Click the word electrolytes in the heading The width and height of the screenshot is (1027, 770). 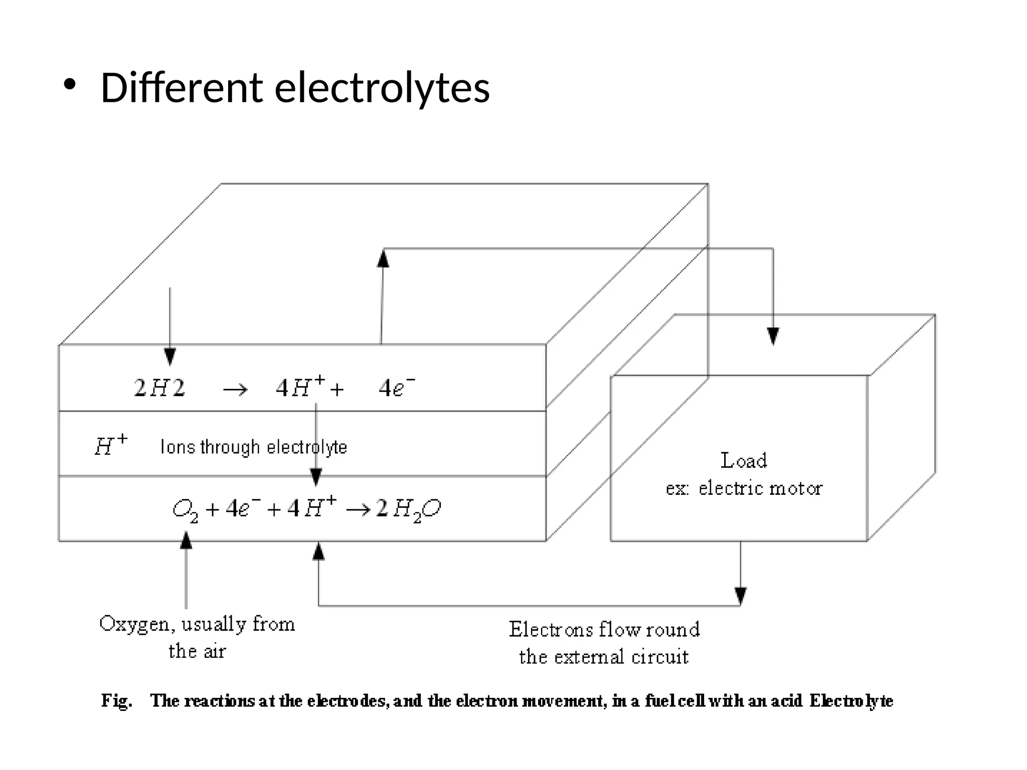[382, 89]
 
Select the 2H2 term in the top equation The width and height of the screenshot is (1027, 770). [159, 388]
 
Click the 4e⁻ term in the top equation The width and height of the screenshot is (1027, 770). [397, 388]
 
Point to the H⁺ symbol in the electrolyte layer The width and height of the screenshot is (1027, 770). [111, 445]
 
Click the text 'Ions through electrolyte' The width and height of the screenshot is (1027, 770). [254, 447]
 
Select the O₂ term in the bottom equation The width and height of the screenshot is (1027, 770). [185, 510]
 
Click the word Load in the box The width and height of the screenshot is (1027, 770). [744, 460]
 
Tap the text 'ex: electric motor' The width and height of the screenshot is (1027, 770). [744, 488]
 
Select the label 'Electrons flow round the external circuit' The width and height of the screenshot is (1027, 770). [604, 643]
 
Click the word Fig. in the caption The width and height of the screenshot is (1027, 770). [117, 700]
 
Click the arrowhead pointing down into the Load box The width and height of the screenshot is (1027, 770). [773, 335]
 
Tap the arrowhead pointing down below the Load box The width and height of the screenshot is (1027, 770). [741, 596]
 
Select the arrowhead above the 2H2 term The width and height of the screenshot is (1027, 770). [170, 356]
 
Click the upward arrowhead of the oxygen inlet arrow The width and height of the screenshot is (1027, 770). [186, 540]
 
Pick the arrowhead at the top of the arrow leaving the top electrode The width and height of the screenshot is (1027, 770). [383, 258]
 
